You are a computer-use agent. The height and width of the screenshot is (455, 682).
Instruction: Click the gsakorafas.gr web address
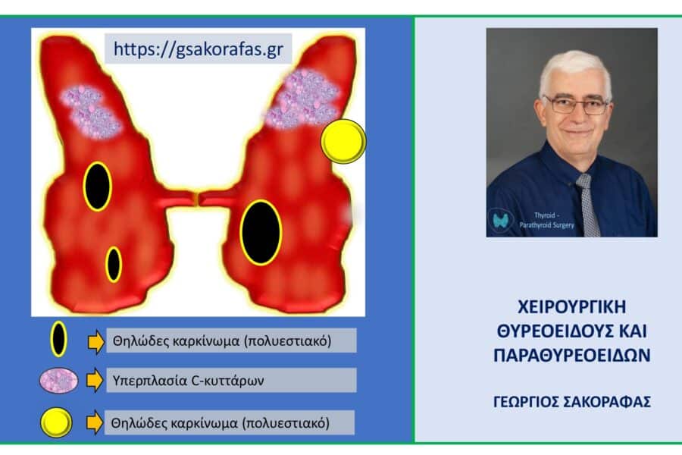199,49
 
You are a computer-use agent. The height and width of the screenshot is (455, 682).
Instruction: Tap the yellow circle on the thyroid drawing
343,141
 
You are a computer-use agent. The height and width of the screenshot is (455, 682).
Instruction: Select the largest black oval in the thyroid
261,233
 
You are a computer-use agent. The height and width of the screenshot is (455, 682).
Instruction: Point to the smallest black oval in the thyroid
114,265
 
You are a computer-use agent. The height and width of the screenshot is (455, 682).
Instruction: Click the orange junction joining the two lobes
196,199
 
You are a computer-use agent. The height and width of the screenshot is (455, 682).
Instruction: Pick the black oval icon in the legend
58,339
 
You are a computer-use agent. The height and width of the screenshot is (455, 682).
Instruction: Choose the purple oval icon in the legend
58,380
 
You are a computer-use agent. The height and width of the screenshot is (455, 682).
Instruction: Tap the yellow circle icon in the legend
56,422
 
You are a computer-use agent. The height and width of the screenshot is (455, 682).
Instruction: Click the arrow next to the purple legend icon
95,380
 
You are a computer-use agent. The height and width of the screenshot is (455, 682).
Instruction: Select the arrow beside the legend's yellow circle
95,422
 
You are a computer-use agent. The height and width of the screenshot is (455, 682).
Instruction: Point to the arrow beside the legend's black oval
95,341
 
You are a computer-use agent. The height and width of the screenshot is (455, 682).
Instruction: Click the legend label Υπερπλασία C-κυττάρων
189,381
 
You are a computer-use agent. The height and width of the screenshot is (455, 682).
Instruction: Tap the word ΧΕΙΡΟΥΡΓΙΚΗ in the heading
572,307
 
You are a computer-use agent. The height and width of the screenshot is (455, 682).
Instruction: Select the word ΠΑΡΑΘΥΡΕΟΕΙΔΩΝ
572,355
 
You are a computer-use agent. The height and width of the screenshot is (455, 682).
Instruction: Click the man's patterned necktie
587,205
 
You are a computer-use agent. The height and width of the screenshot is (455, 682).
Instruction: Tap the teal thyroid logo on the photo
502,220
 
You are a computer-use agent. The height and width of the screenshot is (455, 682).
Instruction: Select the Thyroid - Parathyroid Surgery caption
546,221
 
